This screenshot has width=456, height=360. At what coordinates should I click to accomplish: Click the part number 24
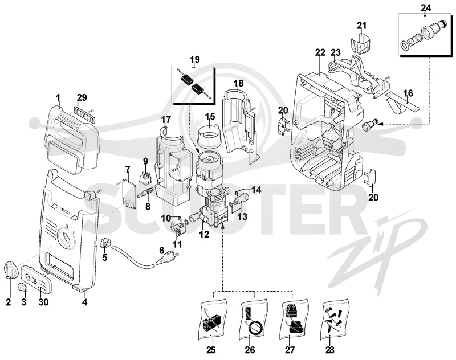(x=425, y=7)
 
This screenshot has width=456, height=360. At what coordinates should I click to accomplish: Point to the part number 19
(x=194, y=60)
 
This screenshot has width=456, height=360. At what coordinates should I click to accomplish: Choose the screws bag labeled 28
(x=335, y=317)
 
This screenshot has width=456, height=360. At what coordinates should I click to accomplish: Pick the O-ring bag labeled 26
(x=254, y=319)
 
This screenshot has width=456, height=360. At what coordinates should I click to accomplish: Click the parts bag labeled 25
(x=213, y=319)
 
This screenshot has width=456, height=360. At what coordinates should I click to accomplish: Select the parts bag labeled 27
(x=294, y=319)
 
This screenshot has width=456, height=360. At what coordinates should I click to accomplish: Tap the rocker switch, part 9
(x=145, y=178)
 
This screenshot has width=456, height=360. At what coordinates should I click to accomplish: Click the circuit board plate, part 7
(x=129, y=194)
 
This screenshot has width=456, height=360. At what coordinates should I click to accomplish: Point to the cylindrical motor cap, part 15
(x=209, y=136)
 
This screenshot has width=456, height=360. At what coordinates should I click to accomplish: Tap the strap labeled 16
(x=403, y=103)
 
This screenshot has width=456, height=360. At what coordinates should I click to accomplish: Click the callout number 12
(x=204, y=234)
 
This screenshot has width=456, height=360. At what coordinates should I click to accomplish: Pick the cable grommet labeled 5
(x=105, y=242)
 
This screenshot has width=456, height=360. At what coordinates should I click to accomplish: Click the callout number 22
(x=320, y=52)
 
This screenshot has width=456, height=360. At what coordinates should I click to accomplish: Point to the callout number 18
(x=238, y=83)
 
